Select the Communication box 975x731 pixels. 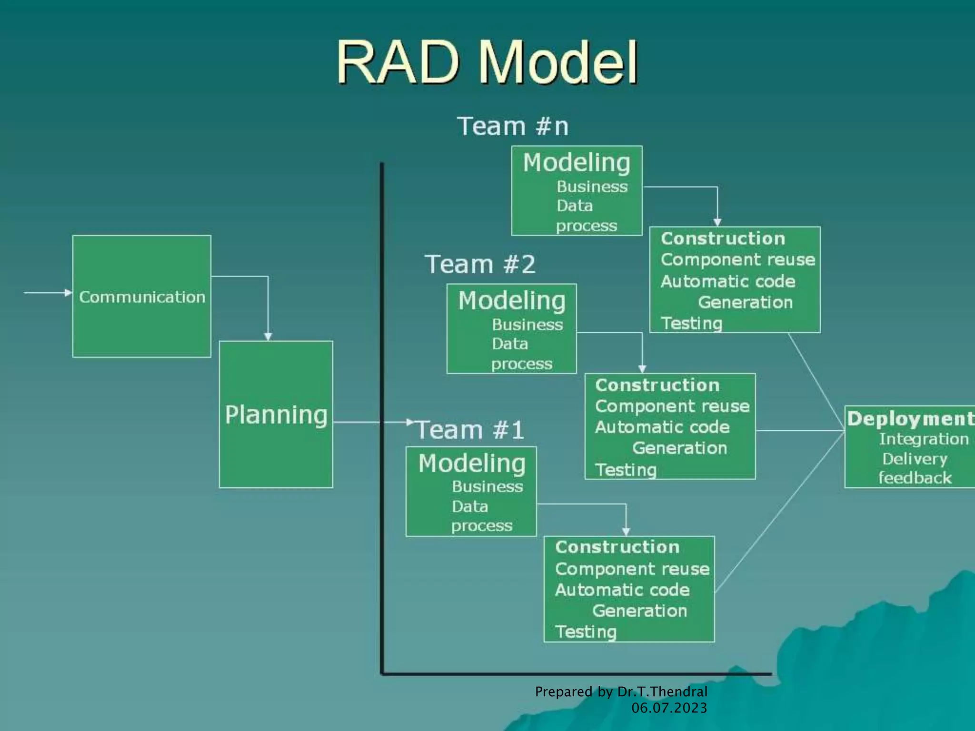pyautogui.click(x=142, y=296)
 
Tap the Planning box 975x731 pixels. pyautogui.click(x=276, y=415)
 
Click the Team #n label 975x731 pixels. pyautogui.click(x=513, y=127)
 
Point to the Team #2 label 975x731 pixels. pyautogui.click(x=480, y=265)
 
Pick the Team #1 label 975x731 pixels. pyautogui.click(x=470, y=430)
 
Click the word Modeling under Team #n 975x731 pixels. pyautogui.click(x=577, y=163)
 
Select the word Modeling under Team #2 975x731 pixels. pyautogui.click(x=512, y=301)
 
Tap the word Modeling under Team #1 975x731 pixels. pyautogui.click(x=472, y=464)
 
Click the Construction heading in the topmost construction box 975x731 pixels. pyautogui.click(x=723, y=238)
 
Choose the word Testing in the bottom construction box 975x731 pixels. pyautogui.click(x=586, y=632)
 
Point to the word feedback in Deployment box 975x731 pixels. pyautogui.click(x=915, y=478)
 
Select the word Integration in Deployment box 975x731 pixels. pyautogui.click(x=924, y=439)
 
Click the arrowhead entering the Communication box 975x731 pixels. pyautogui.click(x=69, y=293)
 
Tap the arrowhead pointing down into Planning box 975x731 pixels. pyautogui.click(x=268, y=336)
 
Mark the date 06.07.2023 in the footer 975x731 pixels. pyautogui.click(x=669, y=708)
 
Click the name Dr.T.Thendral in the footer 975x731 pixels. pyautogui.click(x=662, y=691)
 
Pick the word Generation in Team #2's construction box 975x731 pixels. pyautogui.click(x=679, y=448)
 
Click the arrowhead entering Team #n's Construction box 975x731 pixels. pyautogui.click(x=717, y=222)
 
